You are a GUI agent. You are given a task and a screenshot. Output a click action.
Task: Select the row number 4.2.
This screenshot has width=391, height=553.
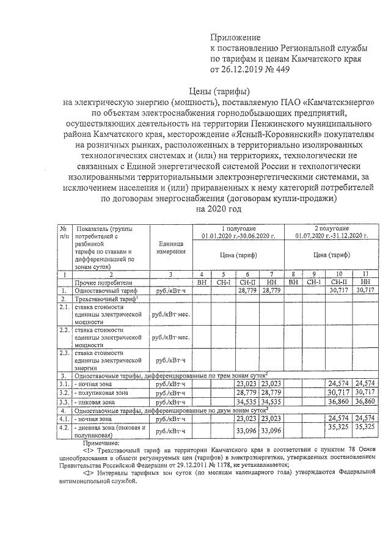coord(65,430)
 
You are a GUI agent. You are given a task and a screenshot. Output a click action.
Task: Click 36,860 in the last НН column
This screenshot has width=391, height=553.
coord(365,404)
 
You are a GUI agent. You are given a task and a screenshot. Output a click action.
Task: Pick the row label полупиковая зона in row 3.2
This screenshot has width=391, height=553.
coord(101,393)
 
